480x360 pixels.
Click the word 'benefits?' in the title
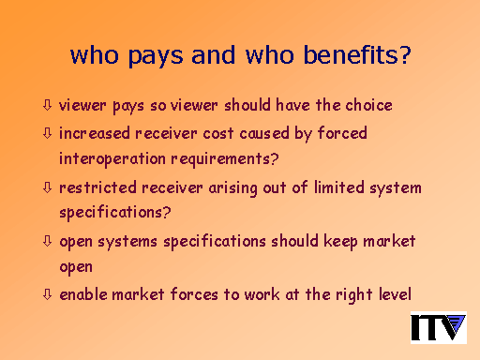[x=357, y=54]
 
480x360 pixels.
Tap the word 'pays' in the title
[x=156, y=57]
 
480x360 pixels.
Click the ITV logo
[x=439, y=327]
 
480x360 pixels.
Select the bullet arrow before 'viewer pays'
[x=47, y=105]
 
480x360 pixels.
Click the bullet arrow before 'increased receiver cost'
[x=47, y=133]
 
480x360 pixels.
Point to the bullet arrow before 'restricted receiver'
[x=47, y=187]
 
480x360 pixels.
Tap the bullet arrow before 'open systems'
[x=47, y=241]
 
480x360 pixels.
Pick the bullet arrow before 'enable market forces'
[x=47, y=294]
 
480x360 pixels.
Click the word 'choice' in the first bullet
[x=368, y=105]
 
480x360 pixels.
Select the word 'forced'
[x=342, y=133]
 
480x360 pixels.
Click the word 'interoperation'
[x=112, y=159]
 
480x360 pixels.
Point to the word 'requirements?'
[x=225, y=159]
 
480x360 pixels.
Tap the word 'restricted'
[x=97, y=187]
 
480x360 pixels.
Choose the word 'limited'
[x=339, y=187]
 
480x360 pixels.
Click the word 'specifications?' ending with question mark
[x=115, y=213]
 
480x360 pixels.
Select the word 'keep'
[x=340, y=242]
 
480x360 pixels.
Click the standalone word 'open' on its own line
[x=76, y=268]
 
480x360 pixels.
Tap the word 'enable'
[x=83, y=294]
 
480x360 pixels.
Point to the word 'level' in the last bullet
[x=395, y=294]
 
